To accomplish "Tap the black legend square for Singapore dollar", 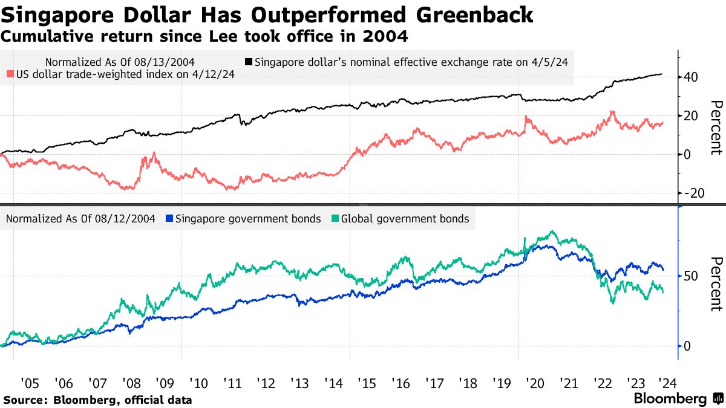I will coord(249,62).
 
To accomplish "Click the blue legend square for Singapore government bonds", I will coord(169,219).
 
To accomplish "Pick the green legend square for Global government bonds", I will coord(336,219).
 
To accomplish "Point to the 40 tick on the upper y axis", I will coord(692,77).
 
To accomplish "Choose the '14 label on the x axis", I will coord(333,383).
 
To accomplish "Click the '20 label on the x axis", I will coord(535,383).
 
